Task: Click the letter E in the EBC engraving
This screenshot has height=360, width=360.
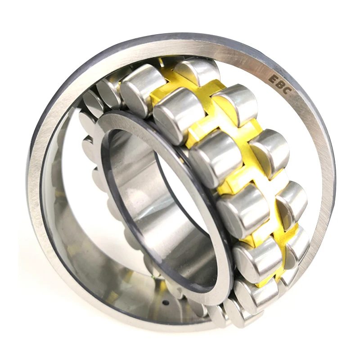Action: [274, 79]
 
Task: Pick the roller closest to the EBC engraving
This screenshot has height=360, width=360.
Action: [237, 103]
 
